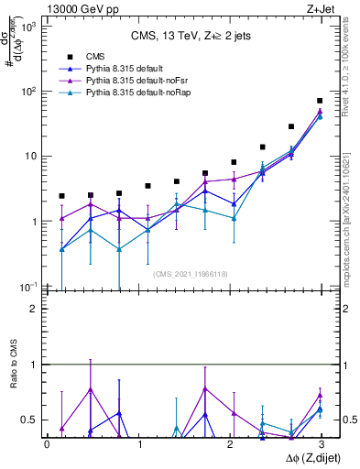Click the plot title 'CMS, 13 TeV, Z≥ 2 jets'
coord(184,37)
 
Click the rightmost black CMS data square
coord(320,101)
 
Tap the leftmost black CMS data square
coord(61,196)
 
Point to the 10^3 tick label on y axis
coord(29,27)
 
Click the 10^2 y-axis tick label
coord(29,92)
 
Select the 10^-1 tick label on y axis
coord(29,287)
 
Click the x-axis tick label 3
coord(321,444)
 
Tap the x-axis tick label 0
coord(47,444)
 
